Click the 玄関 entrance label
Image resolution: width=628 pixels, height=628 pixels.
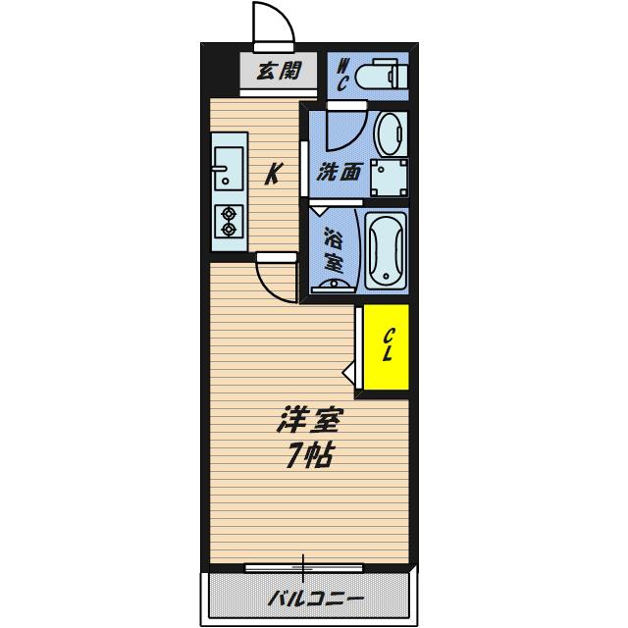(x=279, y=72)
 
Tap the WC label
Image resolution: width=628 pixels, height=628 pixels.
(x=342, y=75)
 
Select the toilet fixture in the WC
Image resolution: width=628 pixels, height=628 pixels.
(x=382, y=74)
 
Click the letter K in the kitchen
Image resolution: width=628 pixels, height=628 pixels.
(x=274, y=174)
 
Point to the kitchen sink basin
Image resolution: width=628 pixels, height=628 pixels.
(x=229, y=168)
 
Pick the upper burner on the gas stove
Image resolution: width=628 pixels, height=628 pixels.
(x=229, y=214)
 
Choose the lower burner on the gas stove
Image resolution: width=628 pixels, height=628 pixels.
(x=229, y=230)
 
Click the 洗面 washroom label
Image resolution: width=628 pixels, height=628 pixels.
(x=340, y=172)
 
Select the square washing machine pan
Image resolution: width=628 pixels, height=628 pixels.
(x=390, y=178)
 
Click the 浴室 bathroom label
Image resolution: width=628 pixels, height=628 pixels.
(x=334, y=249)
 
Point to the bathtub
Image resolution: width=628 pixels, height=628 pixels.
(x=386, y=251)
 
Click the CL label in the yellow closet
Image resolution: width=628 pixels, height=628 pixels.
(x=388, y=344)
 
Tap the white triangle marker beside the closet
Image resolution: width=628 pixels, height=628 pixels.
(x=348, y=373)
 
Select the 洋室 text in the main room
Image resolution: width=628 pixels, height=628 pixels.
(x=309, y=419)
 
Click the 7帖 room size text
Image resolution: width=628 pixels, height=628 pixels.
(x=309, y=456)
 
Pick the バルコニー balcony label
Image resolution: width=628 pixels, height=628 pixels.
(x=316, y=600)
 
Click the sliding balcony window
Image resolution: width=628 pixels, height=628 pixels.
(x=303, y=568)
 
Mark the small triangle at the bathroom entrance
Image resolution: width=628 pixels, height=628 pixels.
(x=319, y=211)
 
